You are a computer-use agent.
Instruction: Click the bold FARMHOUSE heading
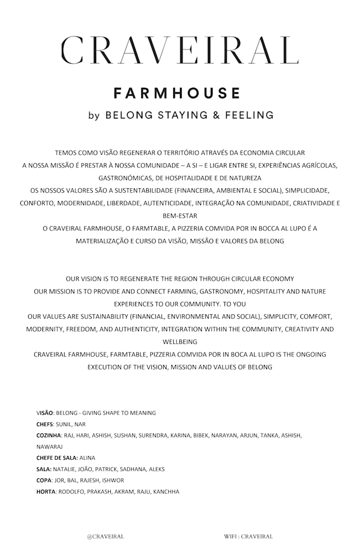tap(177, 93)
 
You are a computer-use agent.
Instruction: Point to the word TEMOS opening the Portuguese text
tap(66, 153)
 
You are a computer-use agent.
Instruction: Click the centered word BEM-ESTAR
tap(179, 215)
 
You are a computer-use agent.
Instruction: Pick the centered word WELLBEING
tap(179, 341)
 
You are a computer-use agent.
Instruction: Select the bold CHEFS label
tap(44, 424)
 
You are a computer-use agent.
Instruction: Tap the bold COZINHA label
tap(49, 435)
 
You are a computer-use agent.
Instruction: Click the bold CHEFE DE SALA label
tap(57, 458)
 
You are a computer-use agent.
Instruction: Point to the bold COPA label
tap(44, 480)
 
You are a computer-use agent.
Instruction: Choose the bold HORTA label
tap(46, 491)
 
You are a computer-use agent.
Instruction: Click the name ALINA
tap(88, 458)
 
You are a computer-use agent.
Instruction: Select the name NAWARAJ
tap(49, 446)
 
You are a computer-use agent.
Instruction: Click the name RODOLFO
tap(71, 491)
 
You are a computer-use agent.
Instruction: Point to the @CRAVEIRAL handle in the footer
tap(105, 536)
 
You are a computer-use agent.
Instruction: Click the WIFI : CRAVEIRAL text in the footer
tap(248, 536)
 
